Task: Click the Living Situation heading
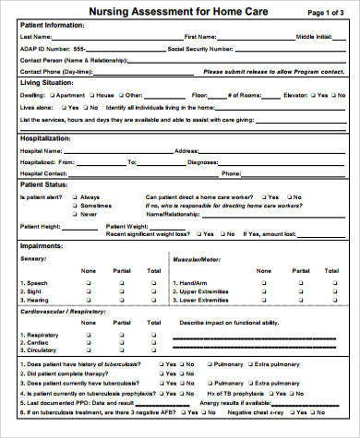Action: pos(46,83)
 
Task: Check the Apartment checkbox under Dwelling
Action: pos(55,95)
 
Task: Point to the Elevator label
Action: pos(295,95)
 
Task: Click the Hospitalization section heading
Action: pos(46,138)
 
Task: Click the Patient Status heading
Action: pos(45,184)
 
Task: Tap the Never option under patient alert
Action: pos(89,213)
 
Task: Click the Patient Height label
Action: pos(41,226)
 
